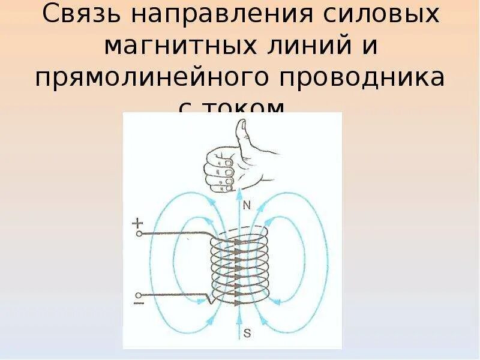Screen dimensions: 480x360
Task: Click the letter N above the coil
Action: tap(246, 206)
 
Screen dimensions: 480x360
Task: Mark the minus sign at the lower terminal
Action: tap(138, 304)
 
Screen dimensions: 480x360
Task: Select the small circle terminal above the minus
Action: tap(139, 295)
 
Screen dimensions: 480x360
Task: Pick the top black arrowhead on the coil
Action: tap(238, 242)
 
